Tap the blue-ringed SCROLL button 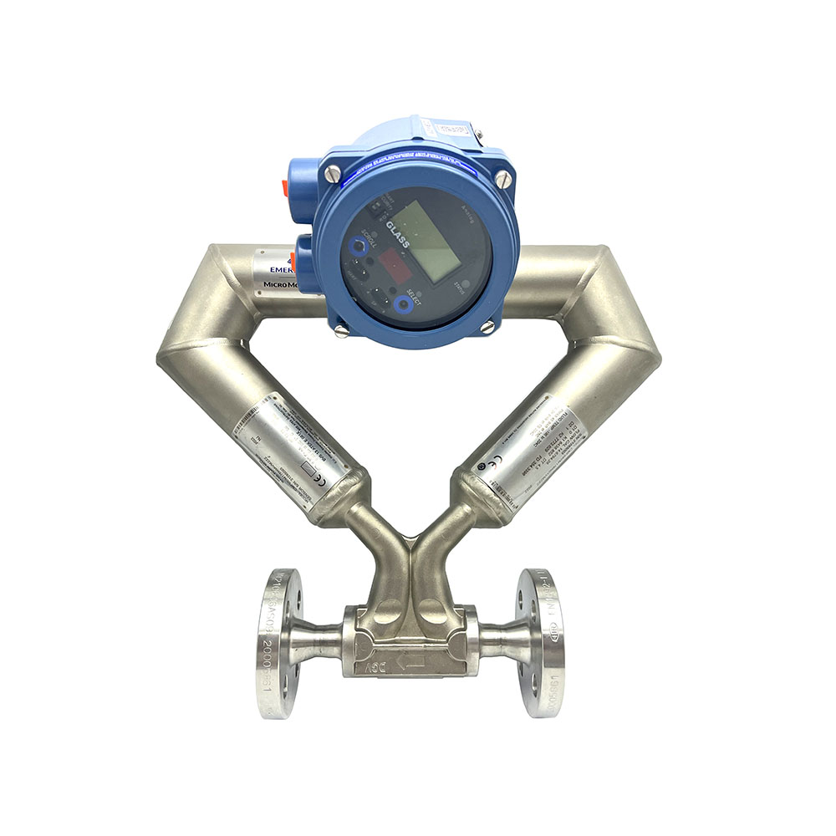[x=359, y=246]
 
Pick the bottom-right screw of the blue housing [x=487, y=328]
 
